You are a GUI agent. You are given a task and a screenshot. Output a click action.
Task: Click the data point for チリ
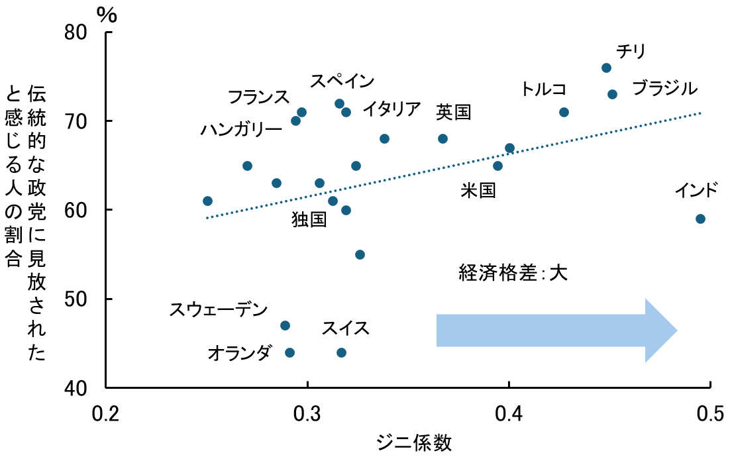606,68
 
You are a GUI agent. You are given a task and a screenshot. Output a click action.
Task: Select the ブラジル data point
612,95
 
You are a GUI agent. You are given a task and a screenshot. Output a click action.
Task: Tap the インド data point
700,219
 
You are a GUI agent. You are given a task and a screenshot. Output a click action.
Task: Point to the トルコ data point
564,112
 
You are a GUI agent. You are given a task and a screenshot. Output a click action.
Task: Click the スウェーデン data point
285,325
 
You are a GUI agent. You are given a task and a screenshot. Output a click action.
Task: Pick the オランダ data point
289,352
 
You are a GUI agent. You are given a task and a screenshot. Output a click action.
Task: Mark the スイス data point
341,352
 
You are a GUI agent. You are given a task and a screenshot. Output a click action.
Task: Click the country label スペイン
342,81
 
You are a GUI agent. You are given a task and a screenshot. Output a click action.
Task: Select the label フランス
258,97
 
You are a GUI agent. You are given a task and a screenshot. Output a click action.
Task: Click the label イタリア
392,108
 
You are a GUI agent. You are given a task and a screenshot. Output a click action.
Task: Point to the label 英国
453,112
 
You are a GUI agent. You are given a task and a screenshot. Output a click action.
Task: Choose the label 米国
478,191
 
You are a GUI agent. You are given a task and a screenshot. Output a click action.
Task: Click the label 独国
309,219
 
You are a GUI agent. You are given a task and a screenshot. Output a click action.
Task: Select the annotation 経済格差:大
513,272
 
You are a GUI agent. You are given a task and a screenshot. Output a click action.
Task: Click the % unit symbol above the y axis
107,14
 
